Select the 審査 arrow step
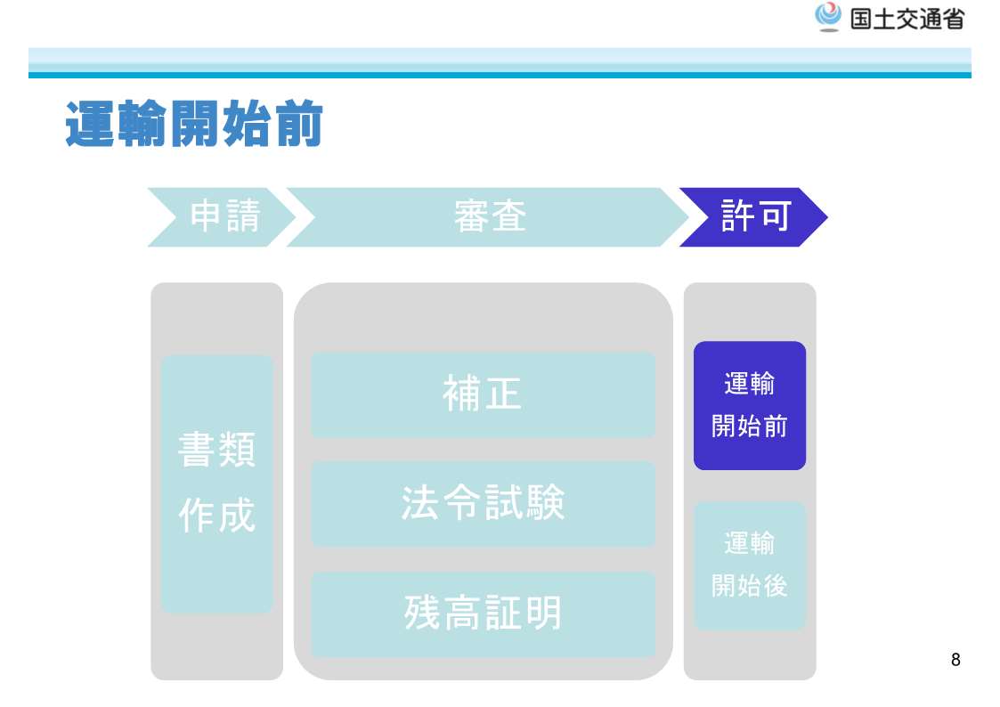(x=489, y=216)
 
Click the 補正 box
(x=483, y=394)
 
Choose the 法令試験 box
(x=483, y=504)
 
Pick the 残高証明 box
(x=483, y=614)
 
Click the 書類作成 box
(x=217, y=484)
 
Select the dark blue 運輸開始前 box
(x=750, y=405)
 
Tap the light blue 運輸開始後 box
(x=750, y=565)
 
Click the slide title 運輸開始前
(x=194, y=124)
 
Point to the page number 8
(x=955, y=660)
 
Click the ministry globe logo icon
(x=828, y=17)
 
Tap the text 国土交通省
(x=907, y=19)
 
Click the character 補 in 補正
(x=461, y=394)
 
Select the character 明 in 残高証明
(x=542, y=614)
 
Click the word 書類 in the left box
(x=217, y=450)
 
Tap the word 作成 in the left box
(x=217, y=515)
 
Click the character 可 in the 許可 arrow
(x=775, y=215)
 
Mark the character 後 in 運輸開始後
(x=776, y=585)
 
